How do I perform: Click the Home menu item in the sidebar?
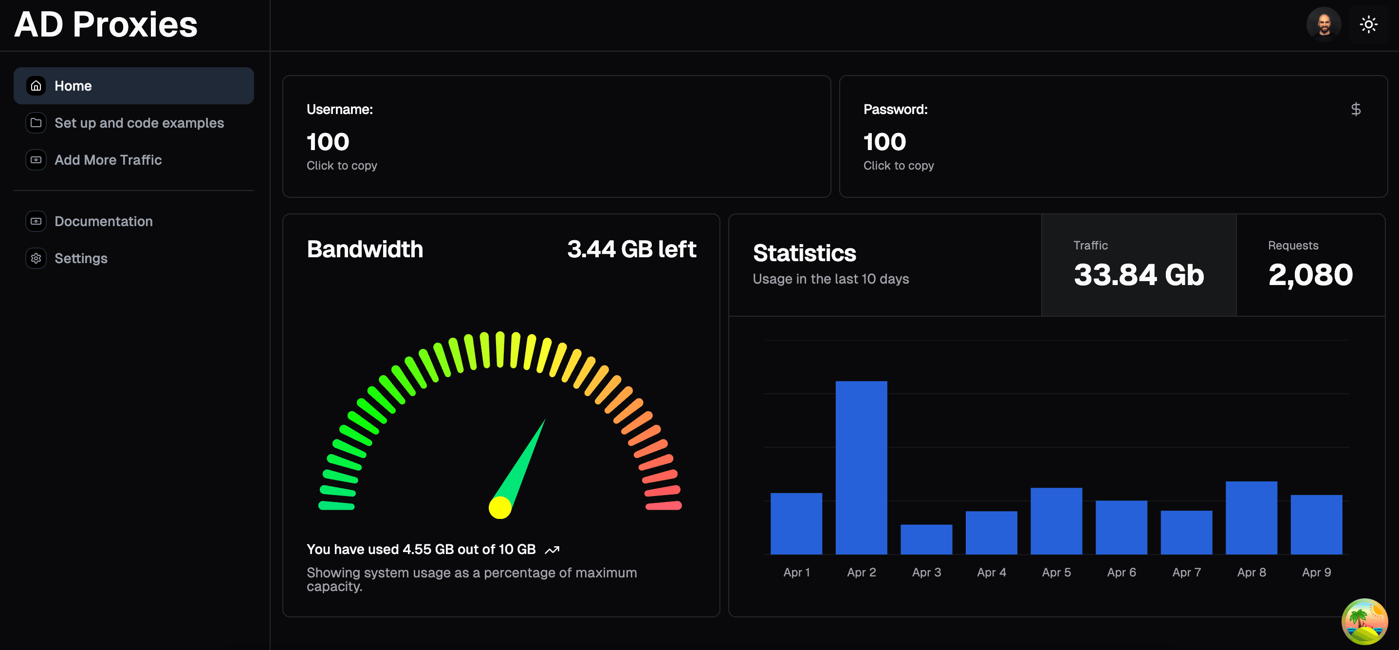pos(133,86)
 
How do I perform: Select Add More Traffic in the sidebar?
pos(108,160)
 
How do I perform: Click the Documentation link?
pos(103,221)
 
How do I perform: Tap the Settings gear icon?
pos(36,258)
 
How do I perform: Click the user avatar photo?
pos(1323,24)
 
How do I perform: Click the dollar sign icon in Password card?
pos(1356,109)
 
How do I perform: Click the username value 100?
pos(328,142)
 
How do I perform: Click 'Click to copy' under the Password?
pos(898,166)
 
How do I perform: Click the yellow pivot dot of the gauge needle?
pos(499,508)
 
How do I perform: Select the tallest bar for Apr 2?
pos(861,467)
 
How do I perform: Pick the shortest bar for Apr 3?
pos(926,539)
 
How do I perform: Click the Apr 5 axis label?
pos(1056,572)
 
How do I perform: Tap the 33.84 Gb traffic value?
pos(1138,275)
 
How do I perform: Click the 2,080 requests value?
pos(1310,275)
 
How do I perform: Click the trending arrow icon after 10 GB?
pos(552,550)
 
